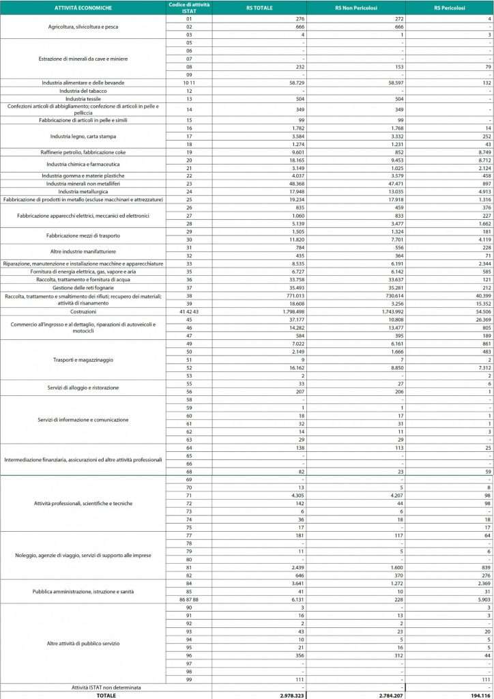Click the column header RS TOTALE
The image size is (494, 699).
click(259, 8)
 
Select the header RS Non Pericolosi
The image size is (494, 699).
click(366, 8)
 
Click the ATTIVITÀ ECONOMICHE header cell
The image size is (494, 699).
click(83, 8)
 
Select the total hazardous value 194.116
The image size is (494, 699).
click(478, 694)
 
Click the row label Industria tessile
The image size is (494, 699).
click(83, 98)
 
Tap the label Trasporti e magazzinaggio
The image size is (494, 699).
click(83, 359)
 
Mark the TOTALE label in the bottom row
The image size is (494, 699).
click(83, 694)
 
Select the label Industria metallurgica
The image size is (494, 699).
click(83, 191)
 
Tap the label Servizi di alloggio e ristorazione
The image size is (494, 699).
click(83, 387)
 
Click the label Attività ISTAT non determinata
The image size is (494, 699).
click(83, 686)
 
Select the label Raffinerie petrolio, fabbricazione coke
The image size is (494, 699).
click(83, 152)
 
